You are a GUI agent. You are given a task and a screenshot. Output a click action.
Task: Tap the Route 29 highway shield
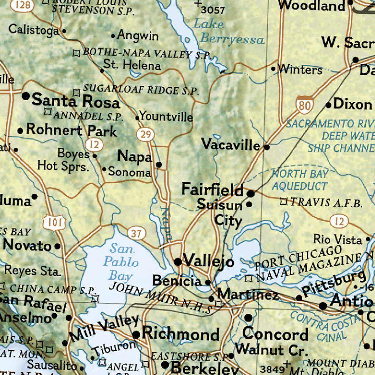click(145, 134)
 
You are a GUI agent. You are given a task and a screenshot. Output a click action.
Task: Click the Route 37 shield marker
click(137, 233)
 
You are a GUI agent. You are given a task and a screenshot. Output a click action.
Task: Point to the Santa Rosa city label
click(76, 101)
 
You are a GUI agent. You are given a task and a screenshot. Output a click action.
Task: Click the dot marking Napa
click(159, 165)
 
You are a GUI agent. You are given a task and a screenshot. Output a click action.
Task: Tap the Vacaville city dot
click(267, 147)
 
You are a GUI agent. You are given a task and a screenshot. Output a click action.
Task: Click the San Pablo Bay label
click(121, 262)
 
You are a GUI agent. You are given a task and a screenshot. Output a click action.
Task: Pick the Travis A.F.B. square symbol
click(284, 201)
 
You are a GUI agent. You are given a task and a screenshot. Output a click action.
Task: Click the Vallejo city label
click(208, 261)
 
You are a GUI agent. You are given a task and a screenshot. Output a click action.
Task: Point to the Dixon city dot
click(328, 105)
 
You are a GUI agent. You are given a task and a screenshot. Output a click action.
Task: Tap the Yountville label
click(166, 116)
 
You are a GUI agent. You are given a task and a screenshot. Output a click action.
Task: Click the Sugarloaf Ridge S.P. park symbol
click(76, 92)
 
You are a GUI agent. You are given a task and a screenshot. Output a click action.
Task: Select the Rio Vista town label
click(337, 240)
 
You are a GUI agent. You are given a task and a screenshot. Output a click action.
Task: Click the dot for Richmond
click(136, 334)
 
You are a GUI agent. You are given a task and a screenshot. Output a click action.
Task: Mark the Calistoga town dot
click(64, 31)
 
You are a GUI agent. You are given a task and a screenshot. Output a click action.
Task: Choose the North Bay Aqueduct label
click(300, 179)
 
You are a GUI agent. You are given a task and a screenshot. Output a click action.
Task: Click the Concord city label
click(275, 334)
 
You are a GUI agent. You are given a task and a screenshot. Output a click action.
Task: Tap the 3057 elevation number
click(213, 10)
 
